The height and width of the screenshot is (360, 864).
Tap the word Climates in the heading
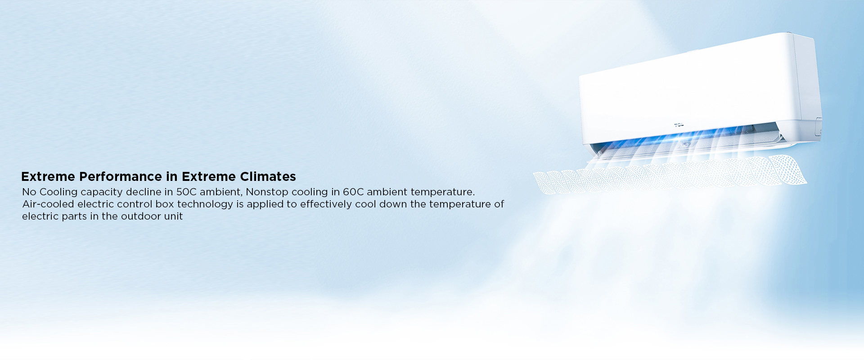pos(268,176)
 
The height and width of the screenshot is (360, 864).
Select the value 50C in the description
pos(186,192)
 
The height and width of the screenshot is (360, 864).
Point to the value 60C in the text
pos(353,192)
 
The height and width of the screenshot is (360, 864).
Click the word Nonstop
pos(267,192)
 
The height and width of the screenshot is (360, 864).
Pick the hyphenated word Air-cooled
pos(48,204)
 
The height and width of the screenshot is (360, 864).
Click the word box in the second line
pos(165,204)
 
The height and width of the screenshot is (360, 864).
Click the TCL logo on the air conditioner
pos(679,125)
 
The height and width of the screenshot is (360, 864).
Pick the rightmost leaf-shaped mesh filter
pos(787,170)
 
